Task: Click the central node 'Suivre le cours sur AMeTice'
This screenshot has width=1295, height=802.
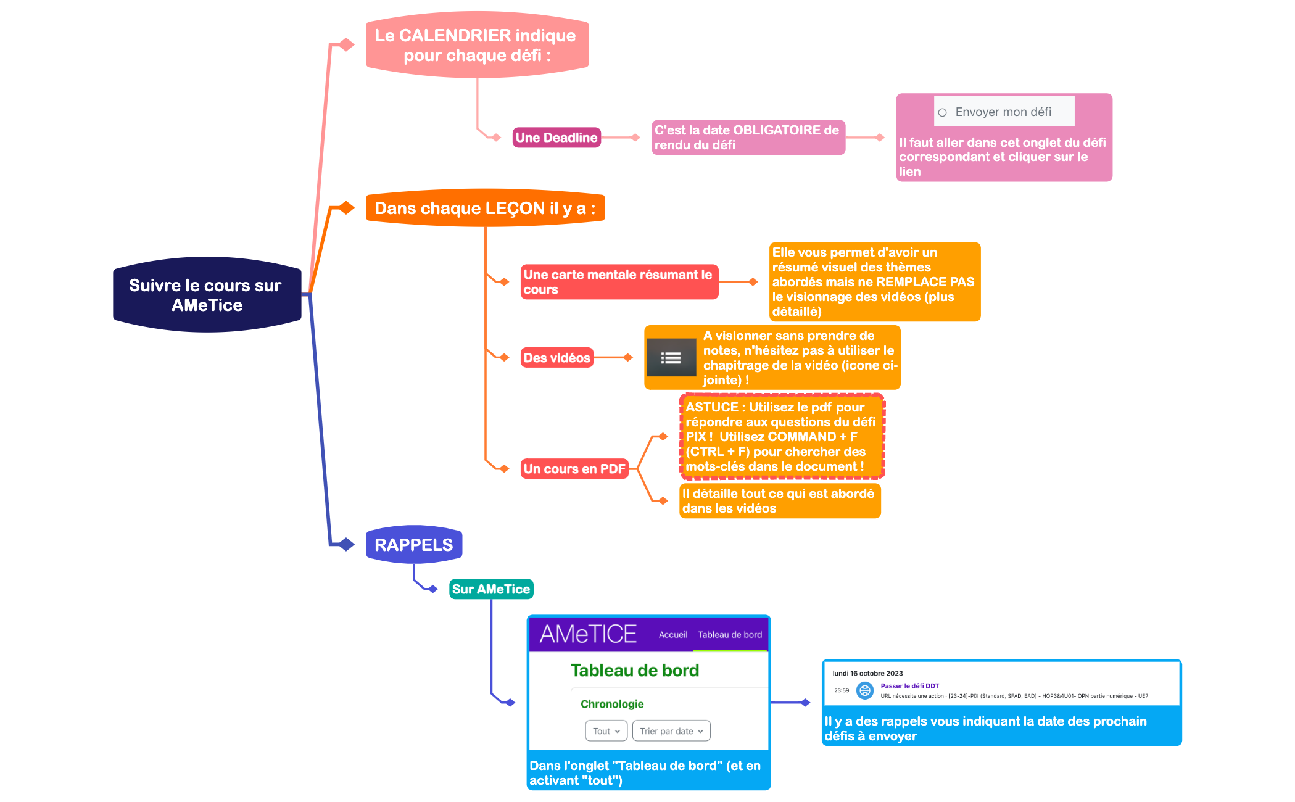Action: pos(207,295)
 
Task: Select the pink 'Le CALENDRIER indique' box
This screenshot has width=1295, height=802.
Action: pos(476,45)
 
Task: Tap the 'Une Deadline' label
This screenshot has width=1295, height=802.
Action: pos(556,138)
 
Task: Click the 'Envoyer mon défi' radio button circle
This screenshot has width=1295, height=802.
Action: pos(942,112)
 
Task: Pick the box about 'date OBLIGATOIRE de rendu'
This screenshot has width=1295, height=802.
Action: pos(748,138)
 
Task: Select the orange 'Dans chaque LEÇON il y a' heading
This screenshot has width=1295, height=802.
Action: pos(485,209)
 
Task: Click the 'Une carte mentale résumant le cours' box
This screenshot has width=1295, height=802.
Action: pos(619,282)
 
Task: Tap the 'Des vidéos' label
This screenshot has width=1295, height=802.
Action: pos(556,358)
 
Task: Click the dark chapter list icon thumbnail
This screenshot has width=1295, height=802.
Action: pos(671,358)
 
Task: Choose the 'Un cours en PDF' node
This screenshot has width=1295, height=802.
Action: pos(574,469)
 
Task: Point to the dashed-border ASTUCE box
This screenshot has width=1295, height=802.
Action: pos(782,437)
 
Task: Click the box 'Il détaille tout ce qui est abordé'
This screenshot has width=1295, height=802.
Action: pos(779,501)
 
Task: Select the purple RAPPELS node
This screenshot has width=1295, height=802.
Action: pos(413,545)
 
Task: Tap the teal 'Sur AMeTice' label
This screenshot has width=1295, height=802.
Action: pos(490,589)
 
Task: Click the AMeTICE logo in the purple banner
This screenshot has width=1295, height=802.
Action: pos(587,634)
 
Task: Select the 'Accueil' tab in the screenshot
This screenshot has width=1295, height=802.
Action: pos(672,635)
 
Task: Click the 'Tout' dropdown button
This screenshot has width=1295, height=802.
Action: pos(606,731)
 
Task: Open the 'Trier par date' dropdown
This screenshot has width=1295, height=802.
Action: pos(671,731)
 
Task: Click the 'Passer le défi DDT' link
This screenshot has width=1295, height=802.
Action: pos(909,686)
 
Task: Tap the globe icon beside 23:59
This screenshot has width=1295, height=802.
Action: pos(865,690)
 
